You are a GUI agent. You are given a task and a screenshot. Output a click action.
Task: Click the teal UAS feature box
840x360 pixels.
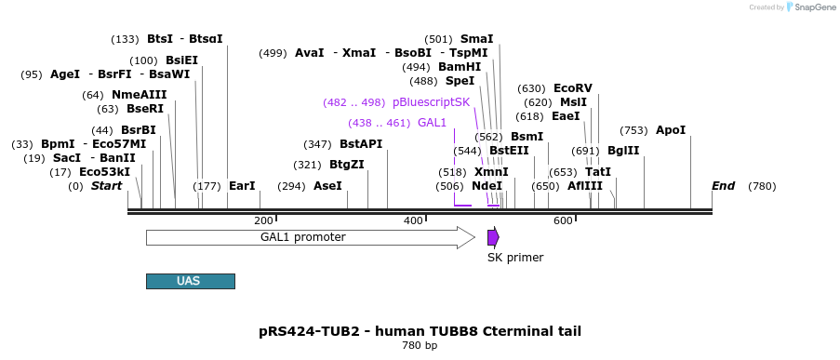pyautogui.click(x=190, y=281)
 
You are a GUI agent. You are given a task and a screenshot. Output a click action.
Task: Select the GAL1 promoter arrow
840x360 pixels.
pyautogui.click(x=311, y=237)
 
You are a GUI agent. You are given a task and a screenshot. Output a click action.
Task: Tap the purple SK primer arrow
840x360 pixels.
pyautogui.click(x=493, y=237)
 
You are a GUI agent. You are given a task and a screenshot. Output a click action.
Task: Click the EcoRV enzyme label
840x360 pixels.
pyautogui.click(x=573, y=88)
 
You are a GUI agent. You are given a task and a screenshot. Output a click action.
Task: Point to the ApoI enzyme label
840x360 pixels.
pyautogui.click(x=671, y=130)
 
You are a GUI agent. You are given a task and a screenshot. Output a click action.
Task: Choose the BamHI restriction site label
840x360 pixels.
pyautogui.click(x=460, y=67)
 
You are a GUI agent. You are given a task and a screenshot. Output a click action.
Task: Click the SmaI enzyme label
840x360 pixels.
pyautogui.click(x=477, y=39)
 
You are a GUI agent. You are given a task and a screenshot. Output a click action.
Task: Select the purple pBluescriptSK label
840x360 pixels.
pyautogui.click(x=431, y=102)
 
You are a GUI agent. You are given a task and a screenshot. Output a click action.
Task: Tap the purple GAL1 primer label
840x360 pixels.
pyautogui.click(x=432, y=123)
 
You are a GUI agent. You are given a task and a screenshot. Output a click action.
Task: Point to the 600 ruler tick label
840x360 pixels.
pyautogui.click(x=563, y=220)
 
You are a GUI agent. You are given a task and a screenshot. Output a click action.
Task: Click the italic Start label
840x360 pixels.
pyautogui.click(x=107, y=186)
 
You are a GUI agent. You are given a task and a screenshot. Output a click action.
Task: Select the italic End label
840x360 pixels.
pyautogui.click(x=723, y=186)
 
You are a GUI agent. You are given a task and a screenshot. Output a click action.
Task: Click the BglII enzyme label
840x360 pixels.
pyautogui.click(x=623, y=151)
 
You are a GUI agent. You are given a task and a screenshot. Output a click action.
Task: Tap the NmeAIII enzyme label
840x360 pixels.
pyautogui.click(x=140, y=95)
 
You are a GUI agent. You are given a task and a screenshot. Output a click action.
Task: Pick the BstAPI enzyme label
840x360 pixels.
pyautogui.click(x=361, y=144)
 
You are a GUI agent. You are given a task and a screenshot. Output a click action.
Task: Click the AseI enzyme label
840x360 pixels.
pyautogui.click(x=327, y=186)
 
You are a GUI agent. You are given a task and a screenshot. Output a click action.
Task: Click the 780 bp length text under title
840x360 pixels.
pyautogui.click(x=420, y=345)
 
